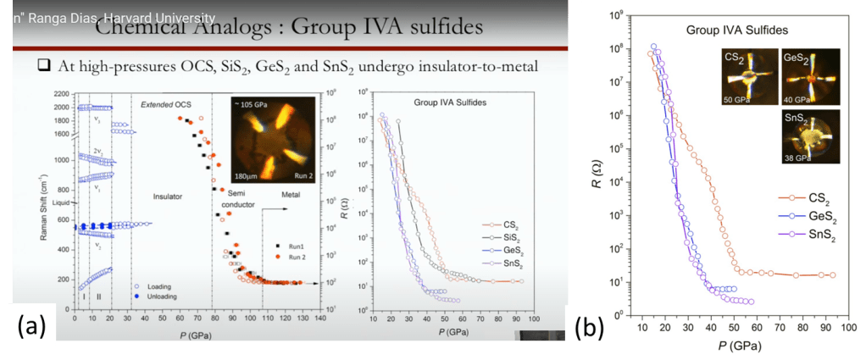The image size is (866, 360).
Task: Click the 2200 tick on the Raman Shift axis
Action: pos(63,94)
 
